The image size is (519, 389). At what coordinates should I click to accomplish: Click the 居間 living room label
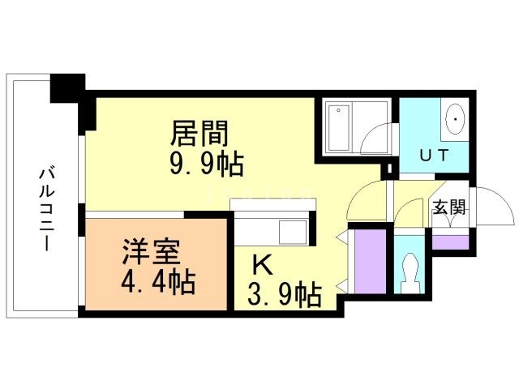click(198, 131)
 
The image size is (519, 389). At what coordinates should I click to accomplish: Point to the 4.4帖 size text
click(158, 283)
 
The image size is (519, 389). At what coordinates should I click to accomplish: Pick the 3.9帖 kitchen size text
click(283, 293)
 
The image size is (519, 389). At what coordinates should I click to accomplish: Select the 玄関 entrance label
click(449, 207)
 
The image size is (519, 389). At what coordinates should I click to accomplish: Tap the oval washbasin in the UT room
click(456, 122)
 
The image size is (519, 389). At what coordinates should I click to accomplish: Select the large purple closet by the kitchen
click(369, 259)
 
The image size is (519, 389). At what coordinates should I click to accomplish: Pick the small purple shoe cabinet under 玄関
click(450, 242)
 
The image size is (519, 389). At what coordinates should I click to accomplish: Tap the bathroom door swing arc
click(375, 132)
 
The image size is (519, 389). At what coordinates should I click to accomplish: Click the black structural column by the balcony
click(68, 88)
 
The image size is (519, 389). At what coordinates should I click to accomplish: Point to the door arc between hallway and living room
click(365, 203)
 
